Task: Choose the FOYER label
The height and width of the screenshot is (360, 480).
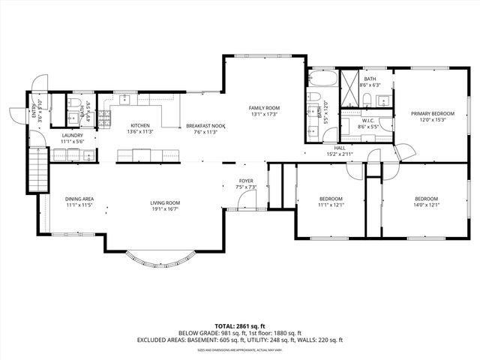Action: pyautogui.click(x=246, y=181)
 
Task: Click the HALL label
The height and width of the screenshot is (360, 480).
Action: pyautogui.click(x=339, y=148)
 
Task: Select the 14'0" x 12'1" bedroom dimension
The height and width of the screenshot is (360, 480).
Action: pyautogui.click(x=427, y=205)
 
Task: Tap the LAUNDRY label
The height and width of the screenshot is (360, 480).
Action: pyautogui.click(x=72, y=135)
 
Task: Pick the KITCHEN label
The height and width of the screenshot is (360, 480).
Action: pyautogui.click(x=140, y=125)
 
